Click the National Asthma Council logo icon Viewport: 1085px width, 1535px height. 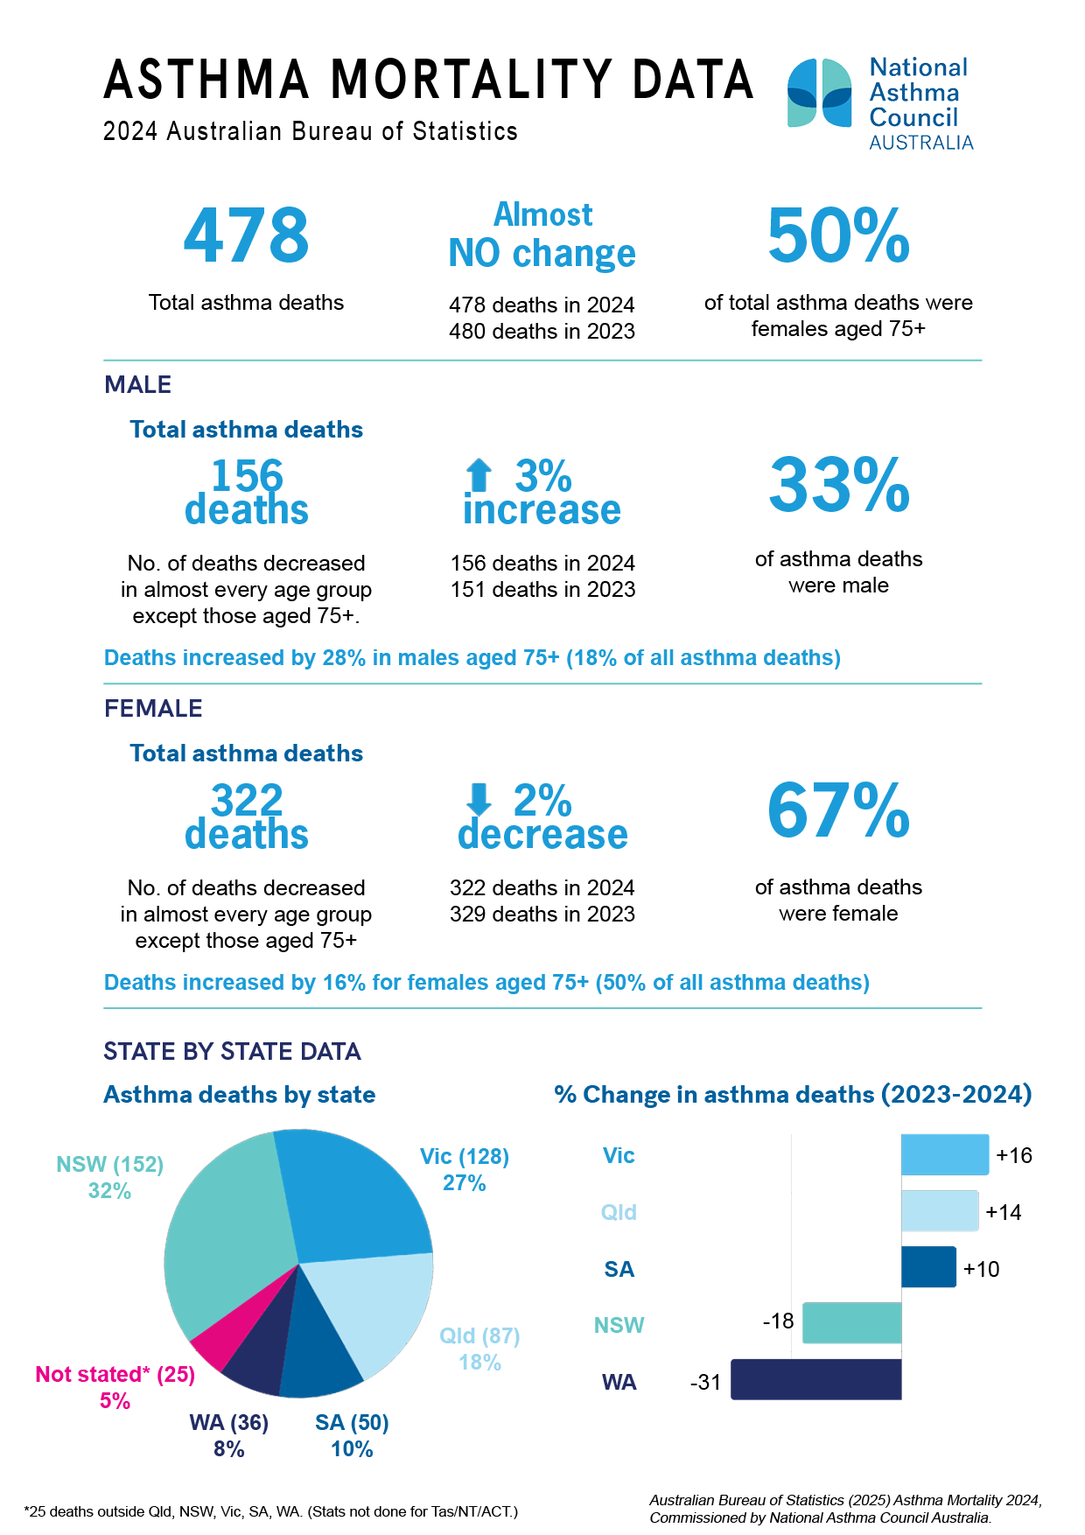tap(819, 93)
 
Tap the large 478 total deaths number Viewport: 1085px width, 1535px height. tap(246, 235)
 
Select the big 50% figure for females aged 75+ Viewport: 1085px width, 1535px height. tap(838, 235)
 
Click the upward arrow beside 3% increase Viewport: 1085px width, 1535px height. tap(479, 475)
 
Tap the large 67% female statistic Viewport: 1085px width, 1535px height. tap(838, 810)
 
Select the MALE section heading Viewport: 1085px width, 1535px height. tap(137, 385)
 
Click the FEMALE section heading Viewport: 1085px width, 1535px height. tap(153, 709)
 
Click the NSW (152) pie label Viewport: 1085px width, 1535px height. tap(109, 1165)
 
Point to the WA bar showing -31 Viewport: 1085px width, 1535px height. tap(815, 1379)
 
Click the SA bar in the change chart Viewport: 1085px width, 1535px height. tap(928, 1266)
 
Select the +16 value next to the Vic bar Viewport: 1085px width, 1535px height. tap(1014, 1155)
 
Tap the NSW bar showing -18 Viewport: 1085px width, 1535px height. tap(851, 1323)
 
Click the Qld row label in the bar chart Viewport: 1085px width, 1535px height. tap(619, 1212)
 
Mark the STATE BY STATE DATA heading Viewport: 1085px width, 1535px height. tap(232, 1051)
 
